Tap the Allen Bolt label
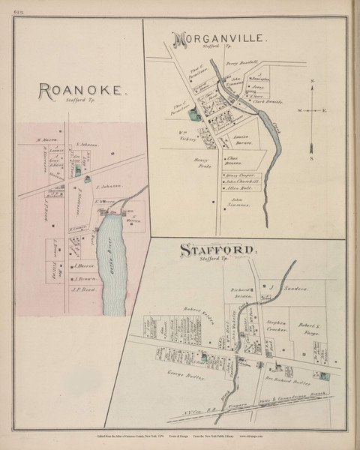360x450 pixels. (239, 188)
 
